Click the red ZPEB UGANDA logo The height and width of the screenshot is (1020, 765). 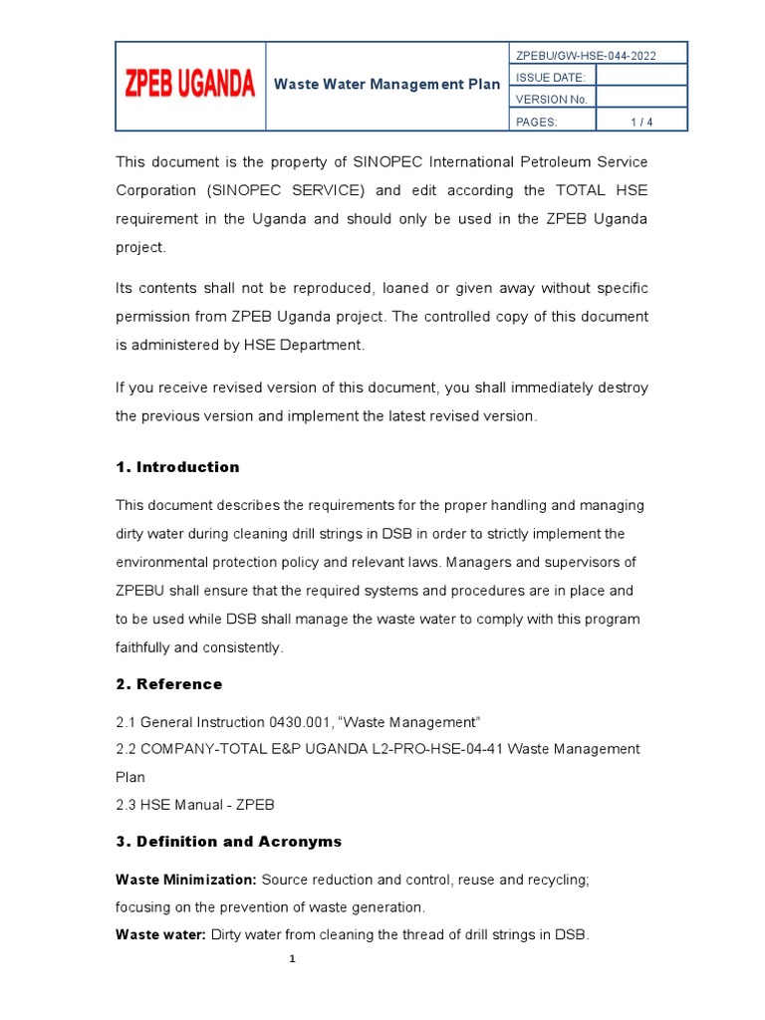click(x=189, y=86)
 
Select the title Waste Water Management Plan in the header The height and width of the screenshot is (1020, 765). click(x=387, y=85)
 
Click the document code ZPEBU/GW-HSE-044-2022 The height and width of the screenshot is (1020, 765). click(x=586, y=56)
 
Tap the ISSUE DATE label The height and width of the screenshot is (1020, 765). click(x=543, y=78)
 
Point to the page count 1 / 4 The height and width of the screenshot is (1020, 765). click(x=640, y=122)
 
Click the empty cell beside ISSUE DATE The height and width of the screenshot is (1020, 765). click(x=640, y=78)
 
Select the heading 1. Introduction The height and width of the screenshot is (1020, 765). click(x=177, y=467)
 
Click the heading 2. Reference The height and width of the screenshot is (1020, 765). click(x=169, y=684)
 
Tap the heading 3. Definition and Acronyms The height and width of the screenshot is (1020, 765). click(x=229, y=842)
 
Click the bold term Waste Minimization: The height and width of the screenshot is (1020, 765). click(x=186, y=881)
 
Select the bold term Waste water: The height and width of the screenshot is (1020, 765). click(x=161, y=934)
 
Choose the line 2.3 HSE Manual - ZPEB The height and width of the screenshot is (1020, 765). click(x=195, y=804)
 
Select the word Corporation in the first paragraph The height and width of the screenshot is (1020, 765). click(x=156, y=190)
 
